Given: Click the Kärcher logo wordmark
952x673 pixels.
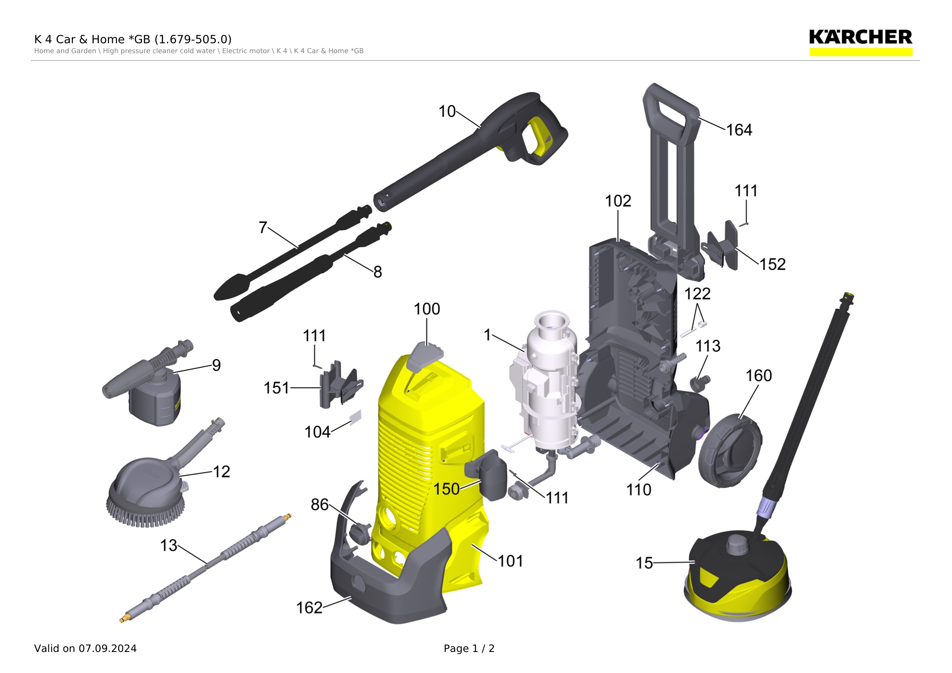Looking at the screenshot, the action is point(860,37).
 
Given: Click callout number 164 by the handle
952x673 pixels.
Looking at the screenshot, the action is point(739,130).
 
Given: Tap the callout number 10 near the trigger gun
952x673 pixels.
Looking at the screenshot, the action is point(447,112).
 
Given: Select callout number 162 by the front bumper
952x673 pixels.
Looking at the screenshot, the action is point(309,608).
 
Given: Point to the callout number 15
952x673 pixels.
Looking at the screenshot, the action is point(644,563).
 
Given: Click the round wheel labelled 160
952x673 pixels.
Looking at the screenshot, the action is point(730,452).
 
